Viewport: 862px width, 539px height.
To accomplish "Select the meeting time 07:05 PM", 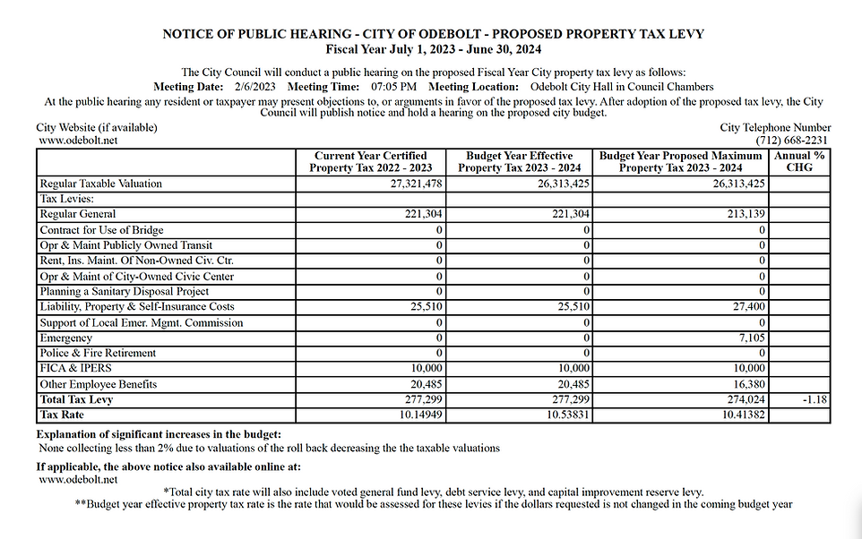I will (394, 87).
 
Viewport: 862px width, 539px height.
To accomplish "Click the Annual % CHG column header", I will (799, 161).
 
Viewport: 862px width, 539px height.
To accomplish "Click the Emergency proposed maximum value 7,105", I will (748, 338).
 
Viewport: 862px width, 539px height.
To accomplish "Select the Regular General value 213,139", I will (743, 215).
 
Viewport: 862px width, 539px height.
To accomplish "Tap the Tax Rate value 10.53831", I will (565, 415).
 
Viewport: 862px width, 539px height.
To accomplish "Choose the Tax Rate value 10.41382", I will (739, 415).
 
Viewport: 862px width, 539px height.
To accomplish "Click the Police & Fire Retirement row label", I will (98, 354).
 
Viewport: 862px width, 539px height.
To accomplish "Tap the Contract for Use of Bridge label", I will (101, 230).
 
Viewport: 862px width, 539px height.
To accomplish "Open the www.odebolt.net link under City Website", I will (79, 141).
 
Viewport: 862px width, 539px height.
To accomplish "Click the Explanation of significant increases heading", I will (159, 434).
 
